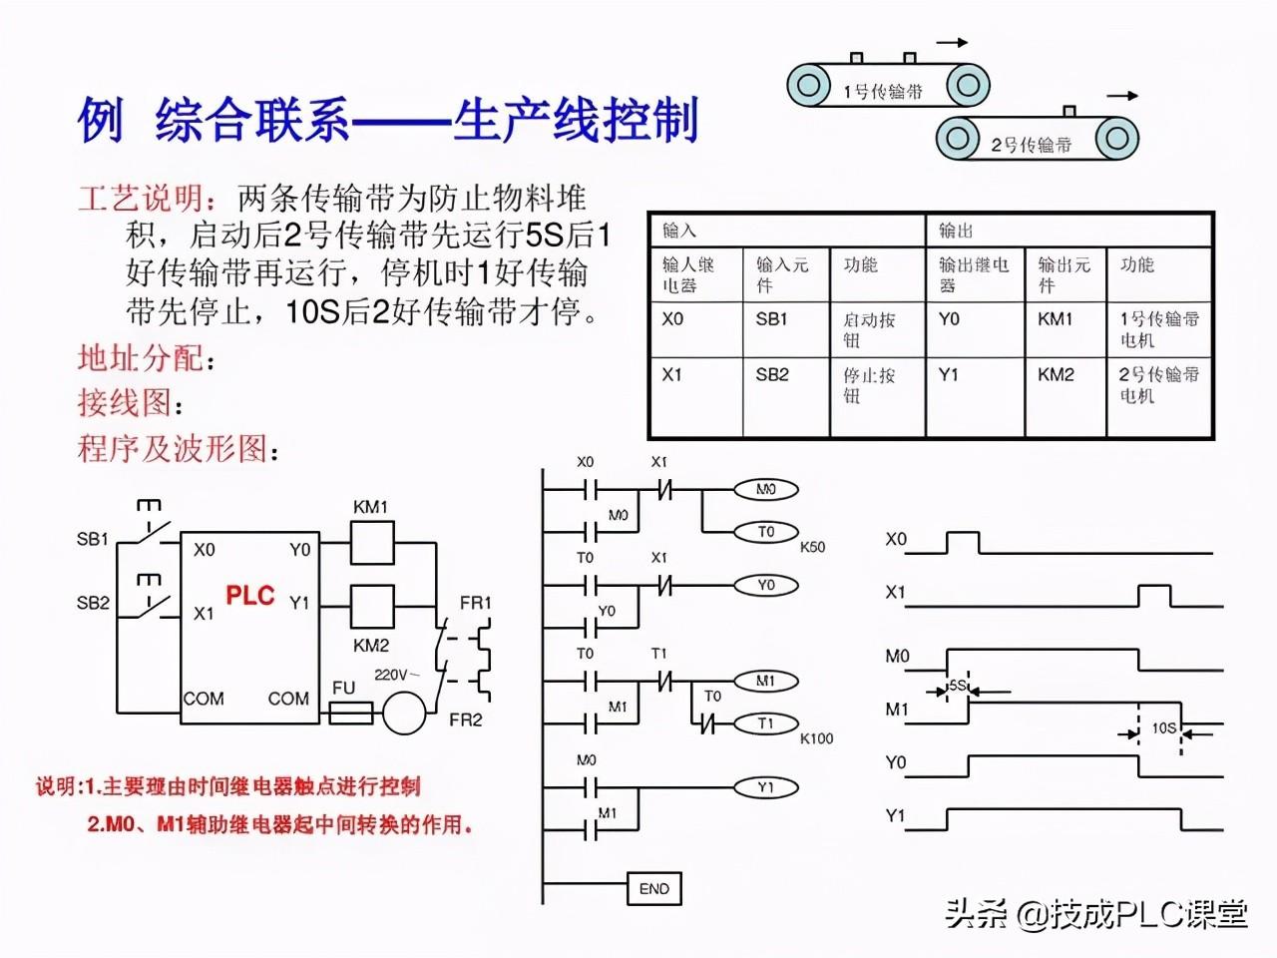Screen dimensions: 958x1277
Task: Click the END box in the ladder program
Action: (x=653, y=888)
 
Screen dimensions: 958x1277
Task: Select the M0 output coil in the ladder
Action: (x=765, y=489)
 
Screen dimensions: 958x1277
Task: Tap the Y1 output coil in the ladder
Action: (x=765, y=787)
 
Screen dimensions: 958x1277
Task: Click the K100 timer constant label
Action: (x=816, y=738)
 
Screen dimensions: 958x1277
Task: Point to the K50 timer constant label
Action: (x=812, y=547)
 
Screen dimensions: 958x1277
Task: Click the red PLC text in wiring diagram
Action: (x=249, y=596)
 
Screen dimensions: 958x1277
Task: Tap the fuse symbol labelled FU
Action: (x=350, y=713)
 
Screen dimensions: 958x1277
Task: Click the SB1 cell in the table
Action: (x=771, y=319)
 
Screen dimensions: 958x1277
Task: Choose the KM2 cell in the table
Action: (x=1056, y=375)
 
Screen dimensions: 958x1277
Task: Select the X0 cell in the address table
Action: (x=672, y=319)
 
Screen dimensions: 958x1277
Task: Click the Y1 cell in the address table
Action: (x=948, y=375)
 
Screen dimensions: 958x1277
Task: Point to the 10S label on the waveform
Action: (x=1163, y=728)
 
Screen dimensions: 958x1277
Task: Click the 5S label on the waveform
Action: (x=957, y=686)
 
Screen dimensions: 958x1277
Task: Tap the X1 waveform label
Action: (x=895, y=592)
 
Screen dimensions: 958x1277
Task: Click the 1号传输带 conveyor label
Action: (x=883, y=92)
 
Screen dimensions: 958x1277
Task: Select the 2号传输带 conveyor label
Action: (x=1032, y=145)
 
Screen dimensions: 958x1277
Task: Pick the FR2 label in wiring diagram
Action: (x=466, y=719)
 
